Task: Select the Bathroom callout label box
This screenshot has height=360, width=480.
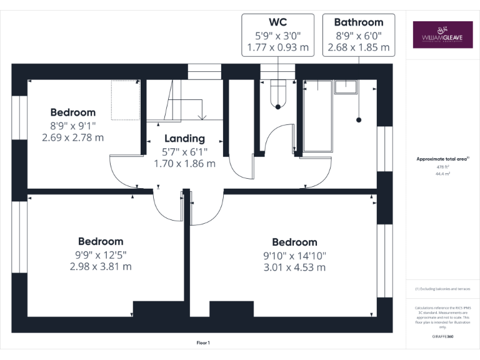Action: (x=359, y=35)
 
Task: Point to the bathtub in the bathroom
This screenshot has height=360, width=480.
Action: (x=317, y=116)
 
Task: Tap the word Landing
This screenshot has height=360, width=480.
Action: (x=184, y=138)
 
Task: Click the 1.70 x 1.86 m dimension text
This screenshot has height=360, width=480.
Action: (x=184, y=164)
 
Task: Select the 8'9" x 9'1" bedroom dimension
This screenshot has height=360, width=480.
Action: (x=73, y=125)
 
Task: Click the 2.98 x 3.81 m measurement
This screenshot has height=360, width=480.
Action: (x=101, y=266)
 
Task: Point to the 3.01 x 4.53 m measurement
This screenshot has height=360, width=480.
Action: (x=294, y=267)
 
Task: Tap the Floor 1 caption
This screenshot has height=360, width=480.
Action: (x=203, y=342)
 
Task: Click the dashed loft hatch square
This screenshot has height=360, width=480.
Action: (x=124, y=99)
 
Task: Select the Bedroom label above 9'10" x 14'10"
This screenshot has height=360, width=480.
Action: (x=294, y=242)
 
